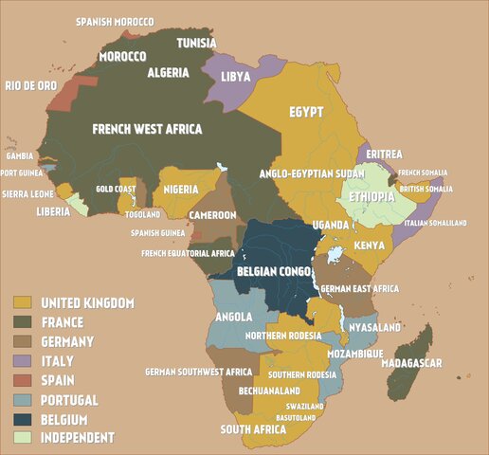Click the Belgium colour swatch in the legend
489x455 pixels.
point(23,419)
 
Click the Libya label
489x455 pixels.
point(235,77)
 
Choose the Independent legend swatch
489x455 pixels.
point(23,438)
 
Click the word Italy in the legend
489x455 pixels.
point(57,361)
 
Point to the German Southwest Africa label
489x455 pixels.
point(198,372)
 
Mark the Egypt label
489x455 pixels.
point(306,112)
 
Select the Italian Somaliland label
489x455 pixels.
point(435,223)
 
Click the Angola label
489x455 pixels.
point(234,317)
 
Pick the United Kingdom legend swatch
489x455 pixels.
point(23,302)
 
